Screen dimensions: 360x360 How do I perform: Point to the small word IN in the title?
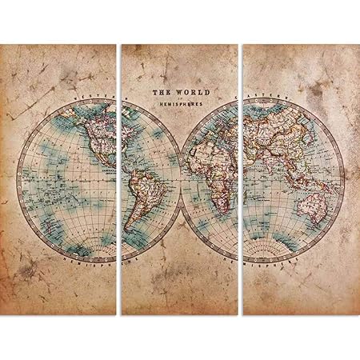tap(179, 98)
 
